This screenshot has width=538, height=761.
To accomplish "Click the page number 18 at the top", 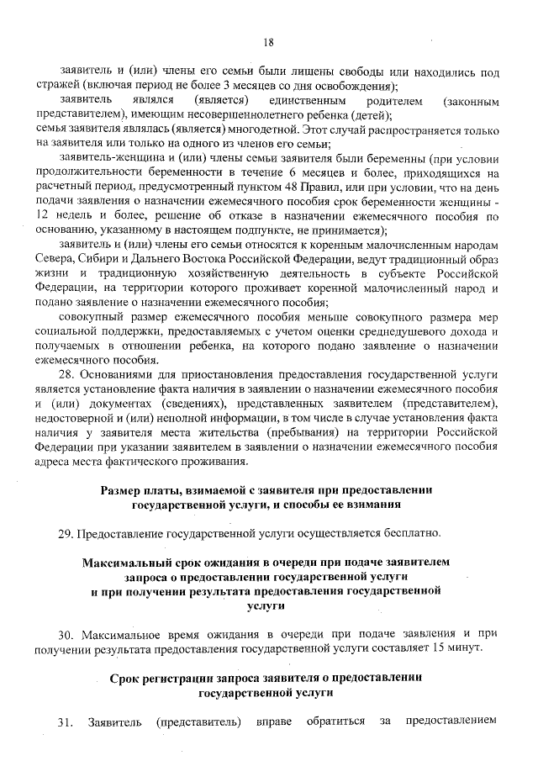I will (268, 42).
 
